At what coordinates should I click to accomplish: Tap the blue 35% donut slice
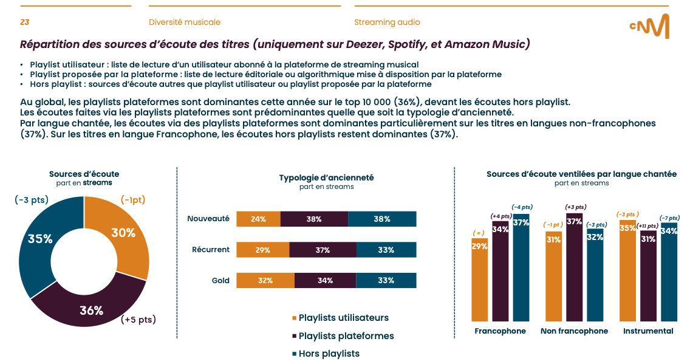(39, 239)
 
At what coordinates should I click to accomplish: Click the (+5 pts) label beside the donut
(138, 320)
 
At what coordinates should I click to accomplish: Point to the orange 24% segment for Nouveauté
(258, 219)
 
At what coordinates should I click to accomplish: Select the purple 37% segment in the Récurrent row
(323, 250)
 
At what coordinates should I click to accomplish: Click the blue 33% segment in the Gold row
(386, 280)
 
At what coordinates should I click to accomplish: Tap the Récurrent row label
(211, 250)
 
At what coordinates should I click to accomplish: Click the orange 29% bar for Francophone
(479, 280)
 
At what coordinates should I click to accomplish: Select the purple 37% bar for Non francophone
(574, 267)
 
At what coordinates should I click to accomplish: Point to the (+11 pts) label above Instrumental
(647, 225)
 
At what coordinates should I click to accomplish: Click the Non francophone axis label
(574, 331)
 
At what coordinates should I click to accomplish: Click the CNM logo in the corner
(649, 26)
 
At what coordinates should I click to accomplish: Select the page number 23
(25, 22)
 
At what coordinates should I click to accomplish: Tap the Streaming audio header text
(387, 22)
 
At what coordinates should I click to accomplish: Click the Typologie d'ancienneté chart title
(326, 177)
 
